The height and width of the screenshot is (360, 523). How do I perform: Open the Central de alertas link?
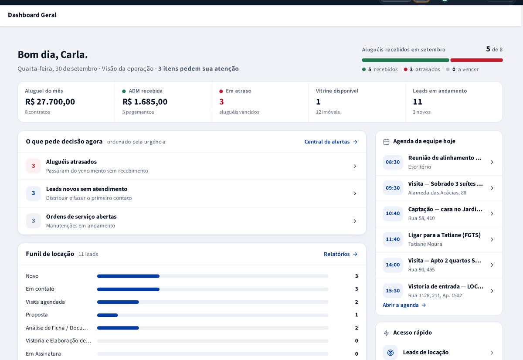point(331,142)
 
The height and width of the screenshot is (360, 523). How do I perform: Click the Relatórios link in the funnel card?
point(340,254)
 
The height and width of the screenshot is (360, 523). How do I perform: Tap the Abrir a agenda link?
point(404,305)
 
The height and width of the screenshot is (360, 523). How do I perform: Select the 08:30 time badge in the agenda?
point(393,162)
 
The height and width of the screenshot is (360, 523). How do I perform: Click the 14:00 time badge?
point(393,265)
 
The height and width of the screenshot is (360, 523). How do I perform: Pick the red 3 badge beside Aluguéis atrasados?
point(34,166)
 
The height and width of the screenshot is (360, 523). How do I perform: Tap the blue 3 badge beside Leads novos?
point(34,193)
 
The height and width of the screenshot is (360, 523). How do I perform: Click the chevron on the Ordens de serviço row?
point(355,221)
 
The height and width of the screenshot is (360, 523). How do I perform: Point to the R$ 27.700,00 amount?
point(50,102)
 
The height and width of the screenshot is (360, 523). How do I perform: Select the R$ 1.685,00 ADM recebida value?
point(145,102)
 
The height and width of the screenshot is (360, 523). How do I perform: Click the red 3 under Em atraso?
point(221,102)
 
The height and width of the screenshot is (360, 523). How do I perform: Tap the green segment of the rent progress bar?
point(406,60)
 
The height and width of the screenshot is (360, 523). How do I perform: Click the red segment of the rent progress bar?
point(476,60)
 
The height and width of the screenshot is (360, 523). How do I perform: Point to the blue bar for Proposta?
point(107,315)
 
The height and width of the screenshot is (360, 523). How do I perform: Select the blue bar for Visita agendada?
point(118,302)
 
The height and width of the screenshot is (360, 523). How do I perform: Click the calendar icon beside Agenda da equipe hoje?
point(387,142)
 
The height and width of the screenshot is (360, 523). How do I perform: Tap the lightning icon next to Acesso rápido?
point(387,333)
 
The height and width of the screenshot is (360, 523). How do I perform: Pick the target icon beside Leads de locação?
point(391,353)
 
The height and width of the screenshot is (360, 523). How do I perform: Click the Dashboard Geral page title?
point(32,15)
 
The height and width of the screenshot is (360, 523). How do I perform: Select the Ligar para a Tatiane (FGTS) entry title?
point(444,235)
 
